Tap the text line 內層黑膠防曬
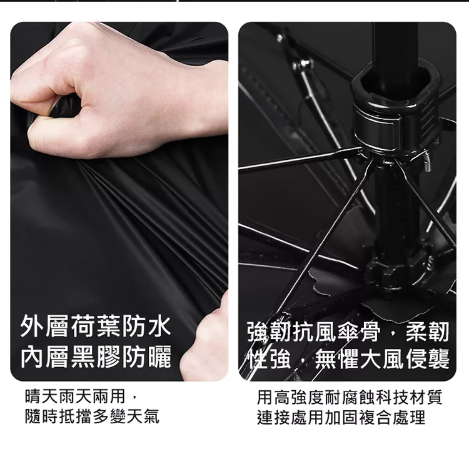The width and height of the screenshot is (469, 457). (96, 356)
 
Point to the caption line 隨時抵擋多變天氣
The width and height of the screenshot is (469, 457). (92, 416)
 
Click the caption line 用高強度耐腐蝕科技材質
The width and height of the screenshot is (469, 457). (350, 397)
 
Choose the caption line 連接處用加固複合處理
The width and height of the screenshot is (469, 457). (341, 417)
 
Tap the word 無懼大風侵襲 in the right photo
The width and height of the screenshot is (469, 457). (382, 358)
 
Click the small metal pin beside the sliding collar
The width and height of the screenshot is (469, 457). (428, 161)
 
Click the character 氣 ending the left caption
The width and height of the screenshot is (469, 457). (151, 416)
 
